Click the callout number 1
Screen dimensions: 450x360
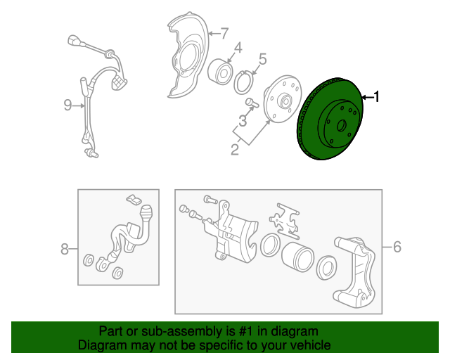coord(377,97)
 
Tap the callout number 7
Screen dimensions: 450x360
coord(224,33)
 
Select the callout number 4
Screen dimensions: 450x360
coord(238,48)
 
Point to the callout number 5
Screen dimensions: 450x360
coord(262,59)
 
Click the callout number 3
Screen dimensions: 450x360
coord(243,120)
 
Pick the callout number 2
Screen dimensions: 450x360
coord(235,150)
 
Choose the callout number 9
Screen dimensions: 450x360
coord(67,105)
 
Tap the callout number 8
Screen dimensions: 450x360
coord(65,249)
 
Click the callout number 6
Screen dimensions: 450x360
coord(397,247)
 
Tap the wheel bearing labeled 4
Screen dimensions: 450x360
coord(220,72)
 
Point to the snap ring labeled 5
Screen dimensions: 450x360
coord(244,82)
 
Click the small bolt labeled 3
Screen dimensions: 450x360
coord(252,102)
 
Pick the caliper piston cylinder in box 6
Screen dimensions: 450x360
coord(297,257)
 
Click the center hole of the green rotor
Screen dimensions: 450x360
coord(342,125)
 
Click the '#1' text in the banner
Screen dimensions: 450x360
coord(246,331)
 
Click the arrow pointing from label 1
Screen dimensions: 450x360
coord(367,98)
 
